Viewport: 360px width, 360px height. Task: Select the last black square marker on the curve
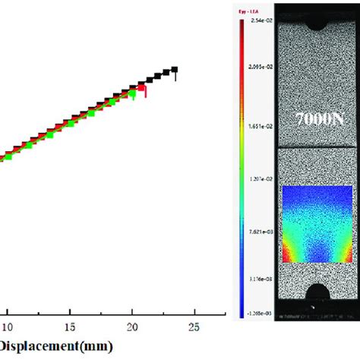(175, 70)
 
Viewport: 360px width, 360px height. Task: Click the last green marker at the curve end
(134, 95)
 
